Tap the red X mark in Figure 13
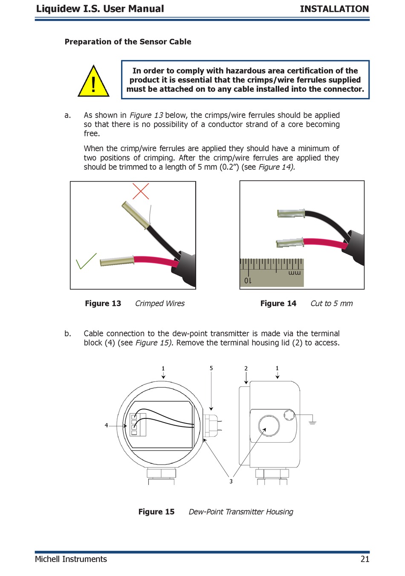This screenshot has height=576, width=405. [141, 191]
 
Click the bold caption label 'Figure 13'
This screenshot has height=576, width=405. [103, 303]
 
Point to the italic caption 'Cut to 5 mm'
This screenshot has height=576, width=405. [331, 303]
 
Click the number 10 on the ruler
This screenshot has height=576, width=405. [248, 281]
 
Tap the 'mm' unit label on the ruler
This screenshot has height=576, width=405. [294, 273]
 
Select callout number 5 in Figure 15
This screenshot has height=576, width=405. [211, 368]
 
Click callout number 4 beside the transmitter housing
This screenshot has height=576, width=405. [106, 425]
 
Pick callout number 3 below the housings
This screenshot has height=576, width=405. [231, 481]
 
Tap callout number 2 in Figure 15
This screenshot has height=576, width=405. [246, 368]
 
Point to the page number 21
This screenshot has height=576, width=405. [365, 559]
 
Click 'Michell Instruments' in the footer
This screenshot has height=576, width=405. [71, 559]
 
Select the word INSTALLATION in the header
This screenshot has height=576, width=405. [334, 9]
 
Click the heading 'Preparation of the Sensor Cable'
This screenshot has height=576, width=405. [128, 42]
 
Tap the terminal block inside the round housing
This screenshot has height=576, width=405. [138, 424]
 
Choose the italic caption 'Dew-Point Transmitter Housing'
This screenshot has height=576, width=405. [241, 512]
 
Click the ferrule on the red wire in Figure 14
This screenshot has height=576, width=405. [290, 243]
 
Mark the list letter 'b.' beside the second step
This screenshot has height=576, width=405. [68, 334]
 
